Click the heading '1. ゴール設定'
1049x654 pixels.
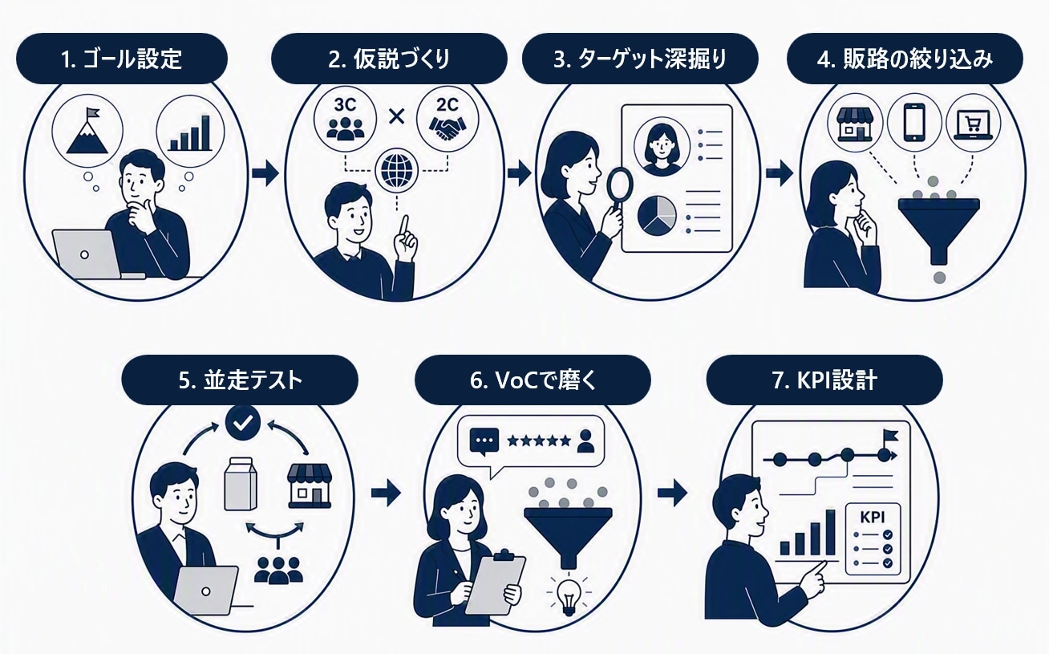[121, 60]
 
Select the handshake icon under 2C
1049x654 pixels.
[448, 128]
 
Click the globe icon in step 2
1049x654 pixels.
[396, 170]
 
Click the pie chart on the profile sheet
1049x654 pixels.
[657, 216]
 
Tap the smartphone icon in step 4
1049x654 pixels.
[913, 122]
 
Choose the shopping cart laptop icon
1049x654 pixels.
[973, 124]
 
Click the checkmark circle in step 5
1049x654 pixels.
[243, 423]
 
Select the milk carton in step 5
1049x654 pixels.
[241, 484]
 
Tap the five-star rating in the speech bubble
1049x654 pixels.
[539, 441]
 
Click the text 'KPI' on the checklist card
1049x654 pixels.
[873, 518]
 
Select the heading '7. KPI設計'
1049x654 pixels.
[824, 380]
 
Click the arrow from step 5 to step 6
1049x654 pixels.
[386, 493]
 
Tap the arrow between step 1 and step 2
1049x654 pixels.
[265, 173]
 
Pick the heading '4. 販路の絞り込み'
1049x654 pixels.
[905, 60]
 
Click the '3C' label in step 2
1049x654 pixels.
[345, 105]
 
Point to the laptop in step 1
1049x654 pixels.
[89, 254]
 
